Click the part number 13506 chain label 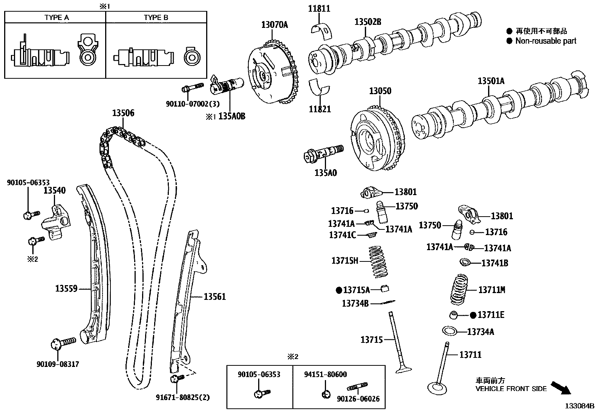coord(123,113)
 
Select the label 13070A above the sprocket coord(274,25)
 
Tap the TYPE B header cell coord(156,17)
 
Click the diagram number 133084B coord(579,406)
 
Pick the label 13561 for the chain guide coord(215,297)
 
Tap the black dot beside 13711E coord(473,315)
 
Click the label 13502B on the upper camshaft coord(367,22)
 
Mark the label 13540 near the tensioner coord(54,191)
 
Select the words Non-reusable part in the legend coord(546,41)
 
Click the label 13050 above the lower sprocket coord(380,91)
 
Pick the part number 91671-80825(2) coord(183,397)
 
